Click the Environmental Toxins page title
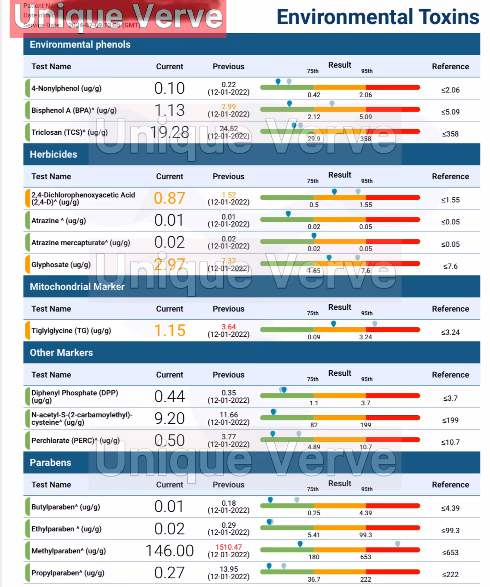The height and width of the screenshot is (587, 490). coord(377,17)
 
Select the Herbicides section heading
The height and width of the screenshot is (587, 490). coord(53,154)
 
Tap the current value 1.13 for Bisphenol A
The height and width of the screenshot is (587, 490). coord(169,110)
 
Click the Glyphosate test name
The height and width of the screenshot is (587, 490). coord(61,265)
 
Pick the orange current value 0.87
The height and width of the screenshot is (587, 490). coord(169,198)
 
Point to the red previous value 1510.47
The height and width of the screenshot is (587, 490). coord(228,547)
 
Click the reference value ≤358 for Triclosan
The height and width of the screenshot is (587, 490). coord(450,134)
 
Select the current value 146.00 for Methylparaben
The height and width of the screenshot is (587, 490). coord(169,551)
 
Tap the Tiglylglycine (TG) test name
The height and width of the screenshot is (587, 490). coord(71,330)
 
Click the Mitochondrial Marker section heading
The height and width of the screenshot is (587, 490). coord(77,287)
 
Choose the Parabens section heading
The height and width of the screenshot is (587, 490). coord(50,462)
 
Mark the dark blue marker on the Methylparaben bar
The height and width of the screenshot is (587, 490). coord(300,544)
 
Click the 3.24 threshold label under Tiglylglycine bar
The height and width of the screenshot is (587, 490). coord(365,337)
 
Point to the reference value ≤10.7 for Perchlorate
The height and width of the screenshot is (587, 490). coord(450,442)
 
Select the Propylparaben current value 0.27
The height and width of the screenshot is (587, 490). coord(169,573)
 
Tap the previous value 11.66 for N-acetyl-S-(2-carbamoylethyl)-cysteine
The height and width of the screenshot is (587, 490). coord(228,415)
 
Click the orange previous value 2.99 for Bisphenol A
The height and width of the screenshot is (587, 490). coord(228,107)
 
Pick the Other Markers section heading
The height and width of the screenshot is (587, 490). coord(61,353)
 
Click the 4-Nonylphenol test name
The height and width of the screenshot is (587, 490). coord(66,88)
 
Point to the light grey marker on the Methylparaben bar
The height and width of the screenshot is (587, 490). coord(397,544)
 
